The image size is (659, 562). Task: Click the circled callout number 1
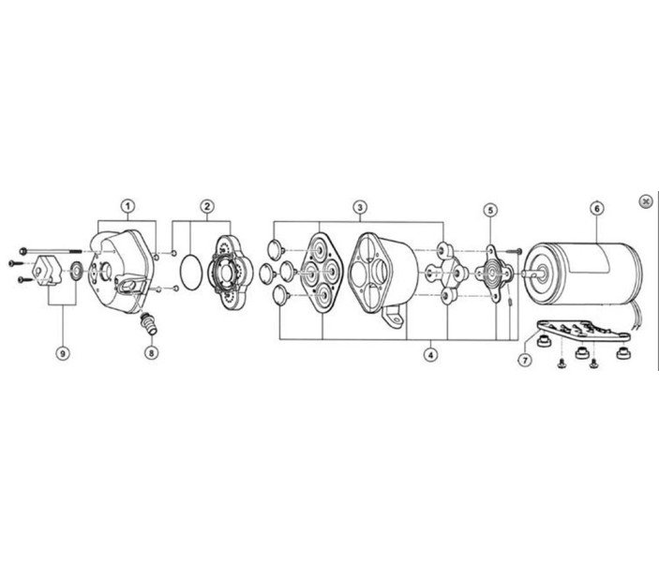(x=128, y=206)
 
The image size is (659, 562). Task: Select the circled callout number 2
(x=207, y=206)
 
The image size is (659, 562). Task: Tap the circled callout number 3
(x=360, y=207)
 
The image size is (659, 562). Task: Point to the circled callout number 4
(x=430, y=355)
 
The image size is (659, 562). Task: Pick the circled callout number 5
(x=490, y=210)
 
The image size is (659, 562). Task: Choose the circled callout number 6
(x=597, y=208)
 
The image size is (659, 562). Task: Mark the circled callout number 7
(x=525, y=360)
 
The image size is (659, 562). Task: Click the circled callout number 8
(x=151, y=352)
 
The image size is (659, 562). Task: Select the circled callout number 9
(x=63, y=353)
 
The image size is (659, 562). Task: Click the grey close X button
(x=645, y=201)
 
